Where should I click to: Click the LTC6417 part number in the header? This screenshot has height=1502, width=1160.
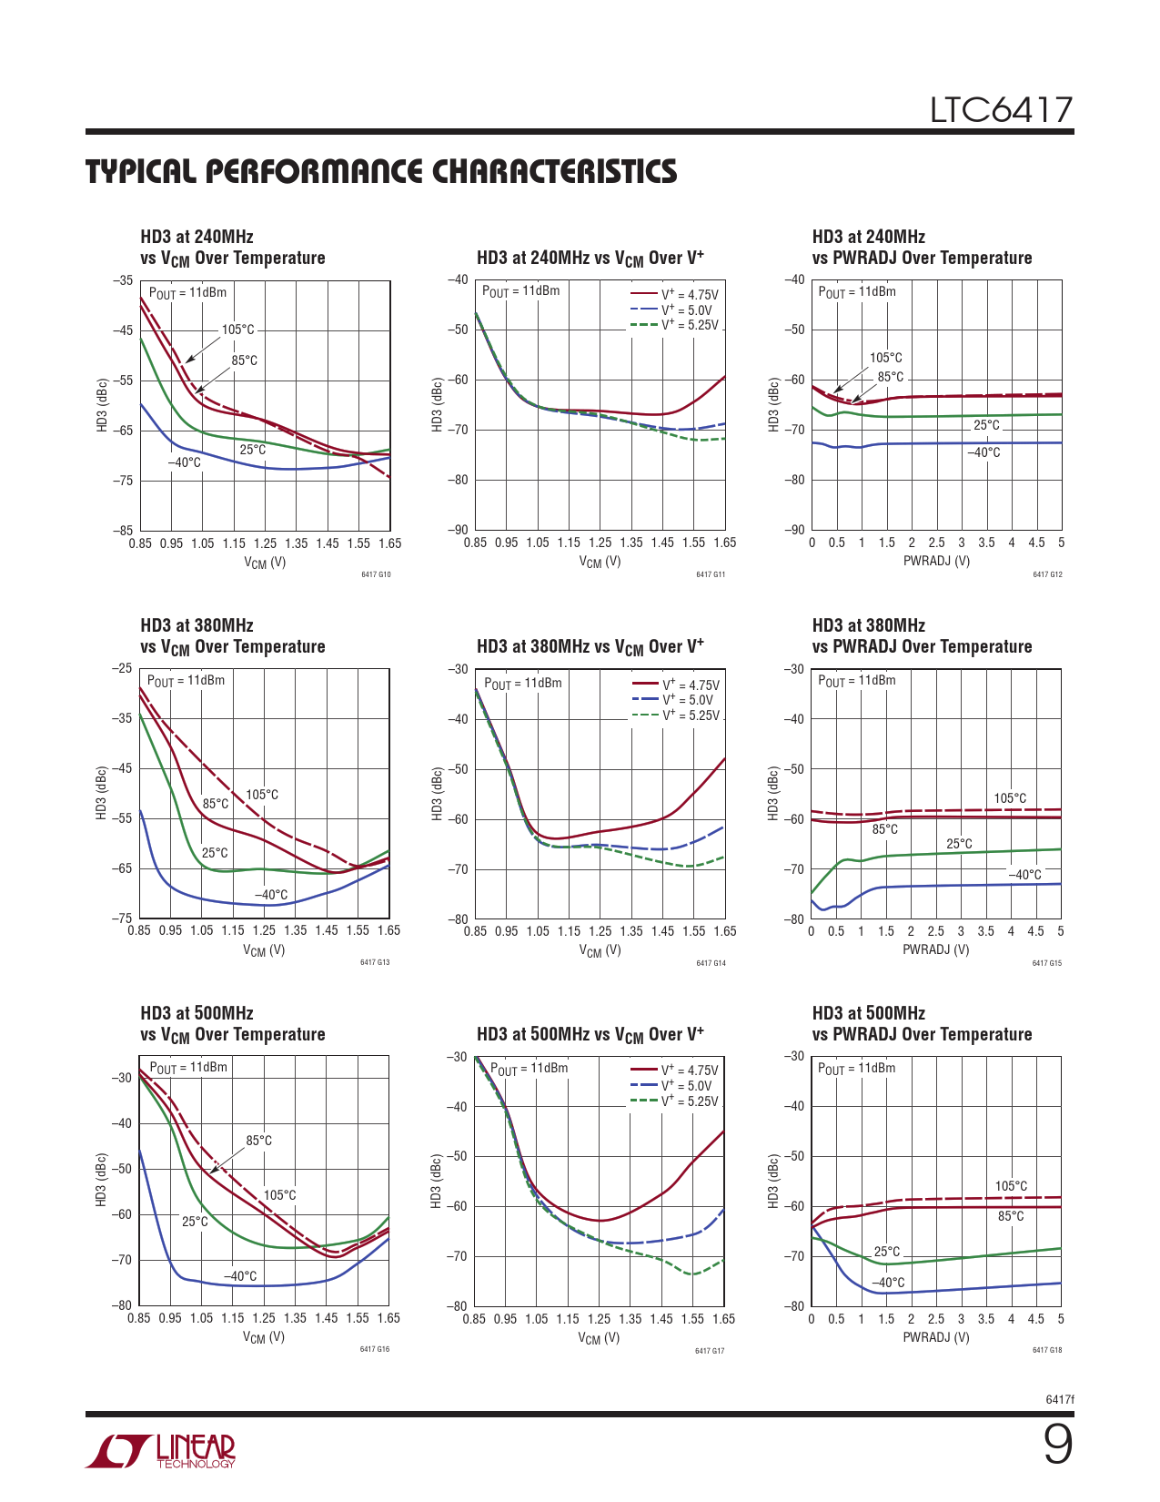(x=1001, y=110)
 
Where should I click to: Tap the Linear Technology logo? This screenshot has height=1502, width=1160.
(x=161, y=1451)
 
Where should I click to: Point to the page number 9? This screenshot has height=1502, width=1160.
(x=1057, y=1445)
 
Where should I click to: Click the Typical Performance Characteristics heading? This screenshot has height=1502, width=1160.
(x=381, y=172)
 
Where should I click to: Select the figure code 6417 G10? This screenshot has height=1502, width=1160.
(x=376, y=574)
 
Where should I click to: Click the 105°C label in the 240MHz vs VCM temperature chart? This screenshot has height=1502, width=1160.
(x=238, y=330)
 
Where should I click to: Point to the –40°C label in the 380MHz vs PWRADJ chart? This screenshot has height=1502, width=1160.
(x=1024, y=875)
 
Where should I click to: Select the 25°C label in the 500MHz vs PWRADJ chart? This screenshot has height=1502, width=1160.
(x=887, y=1252)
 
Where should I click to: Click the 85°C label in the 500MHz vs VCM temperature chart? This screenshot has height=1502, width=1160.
(x=259, y=1141)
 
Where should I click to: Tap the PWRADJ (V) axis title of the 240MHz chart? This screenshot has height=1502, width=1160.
(x=936, y=561)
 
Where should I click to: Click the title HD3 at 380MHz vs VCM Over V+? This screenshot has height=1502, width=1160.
(x=590, y=646)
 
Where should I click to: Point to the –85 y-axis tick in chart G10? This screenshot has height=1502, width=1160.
(x=122, y=530)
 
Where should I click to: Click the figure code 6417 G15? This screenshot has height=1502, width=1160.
(x=1046, y=963)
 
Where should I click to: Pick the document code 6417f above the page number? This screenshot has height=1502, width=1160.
(x=1060, y=1399)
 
